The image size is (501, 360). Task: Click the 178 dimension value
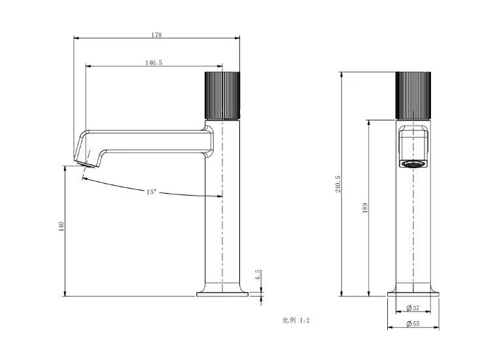pos(156,35)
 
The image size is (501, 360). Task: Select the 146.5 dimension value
pos(154,63)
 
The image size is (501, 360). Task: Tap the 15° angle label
pos(152,192)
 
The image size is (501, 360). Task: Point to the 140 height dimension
pos(61,226)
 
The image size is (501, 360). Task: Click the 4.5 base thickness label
pos(258,275)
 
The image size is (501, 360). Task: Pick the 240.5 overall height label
pos(337,184)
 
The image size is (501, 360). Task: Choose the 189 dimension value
pos(365,207)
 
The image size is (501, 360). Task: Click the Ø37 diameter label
pos(413,308)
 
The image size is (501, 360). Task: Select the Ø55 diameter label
pos(413,324)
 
